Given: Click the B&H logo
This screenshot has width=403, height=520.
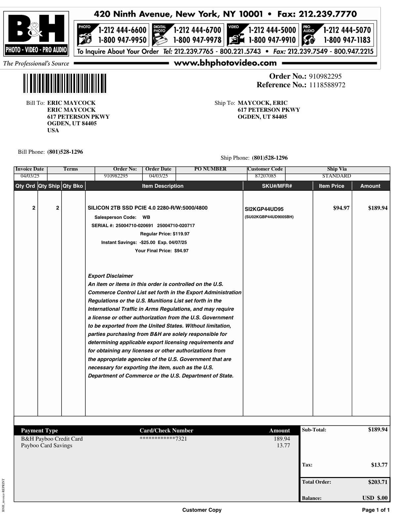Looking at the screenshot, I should pos(36,33).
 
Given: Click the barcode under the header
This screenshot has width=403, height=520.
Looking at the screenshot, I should pos(65,83).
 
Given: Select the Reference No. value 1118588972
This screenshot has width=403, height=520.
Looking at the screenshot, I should pos(327,85).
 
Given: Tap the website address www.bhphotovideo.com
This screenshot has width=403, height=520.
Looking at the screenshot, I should pos(225,63).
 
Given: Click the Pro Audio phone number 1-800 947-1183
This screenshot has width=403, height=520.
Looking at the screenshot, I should pos(347,40).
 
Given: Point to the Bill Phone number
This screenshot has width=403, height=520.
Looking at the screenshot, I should pos(65,152).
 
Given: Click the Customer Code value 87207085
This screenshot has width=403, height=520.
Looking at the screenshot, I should pos(265,176).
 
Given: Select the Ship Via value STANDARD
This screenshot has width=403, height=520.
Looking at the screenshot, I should pos(337,176).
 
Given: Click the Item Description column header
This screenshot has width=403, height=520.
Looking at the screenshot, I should pos(163,186).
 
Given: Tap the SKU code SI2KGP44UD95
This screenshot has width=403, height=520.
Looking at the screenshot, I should pos(264,209).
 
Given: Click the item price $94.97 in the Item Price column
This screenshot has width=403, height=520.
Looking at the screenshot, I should pos(341,208).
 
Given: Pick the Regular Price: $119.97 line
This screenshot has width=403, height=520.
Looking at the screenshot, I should pos(165,234).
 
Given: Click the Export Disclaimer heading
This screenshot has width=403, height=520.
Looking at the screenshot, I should pos(110,276).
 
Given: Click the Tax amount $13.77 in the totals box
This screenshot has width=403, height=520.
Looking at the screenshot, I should pos(379,465).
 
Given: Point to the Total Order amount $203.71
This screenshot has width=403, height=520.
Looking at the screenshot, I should pos(378,482).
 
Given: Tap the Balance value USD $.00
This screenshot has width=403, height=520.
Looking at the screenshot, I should pos(375,498).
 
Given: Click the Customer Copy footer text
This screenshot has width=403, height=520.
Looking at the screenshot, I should pos(202,510).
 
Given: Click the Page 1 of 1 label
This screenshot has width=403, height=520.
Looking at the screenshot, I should pos(376,510).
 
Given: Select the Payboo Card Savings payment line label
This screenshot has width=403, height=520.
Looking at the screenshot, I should pos(47,446).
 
